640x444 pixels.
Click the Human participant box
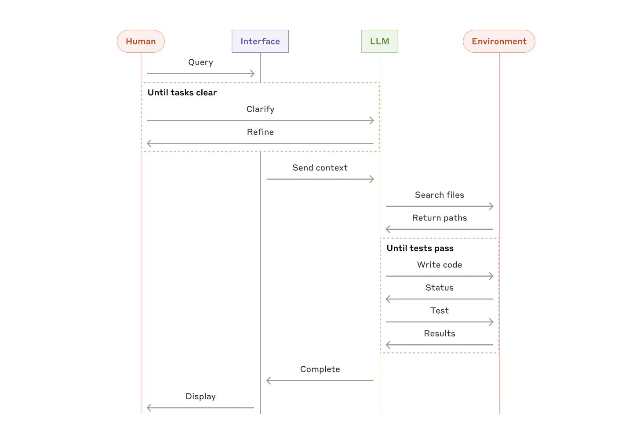click(141, 41)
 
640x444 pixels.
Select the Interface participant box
click(260, 41)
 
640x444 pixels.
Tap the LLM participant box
click(379, 41)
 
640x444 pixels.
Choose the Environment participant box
click(499, 41)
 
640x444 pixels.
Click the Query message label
click(200, 62)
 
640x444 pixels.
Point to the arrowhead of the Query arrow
click(253, 74)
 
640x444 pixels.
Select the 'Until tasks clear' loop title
click(182, 93)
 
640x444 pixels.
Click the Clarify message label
click(260, 109)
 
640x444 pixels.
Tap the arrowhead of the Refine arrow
click(149, 143)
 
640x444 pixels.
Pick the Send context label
click(320, 168)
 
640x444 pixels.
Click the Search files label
click(439, 195)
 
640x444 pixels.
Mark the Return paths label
click(439, 218)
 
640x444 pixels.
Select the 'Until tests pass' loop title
click(420, 248)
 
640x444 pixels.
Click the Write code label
click(439, 265)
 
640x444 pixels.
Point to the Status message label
click(439, 288)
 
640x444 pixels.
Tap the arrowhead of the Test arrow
click(491, 322)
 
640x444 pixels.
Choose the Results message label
click(439, 333)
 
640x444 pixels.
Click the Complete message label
click(320, 369)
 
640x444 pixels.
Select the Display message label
click(200, 397)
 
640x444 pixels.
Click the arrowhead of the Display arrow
click(149, 408)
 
